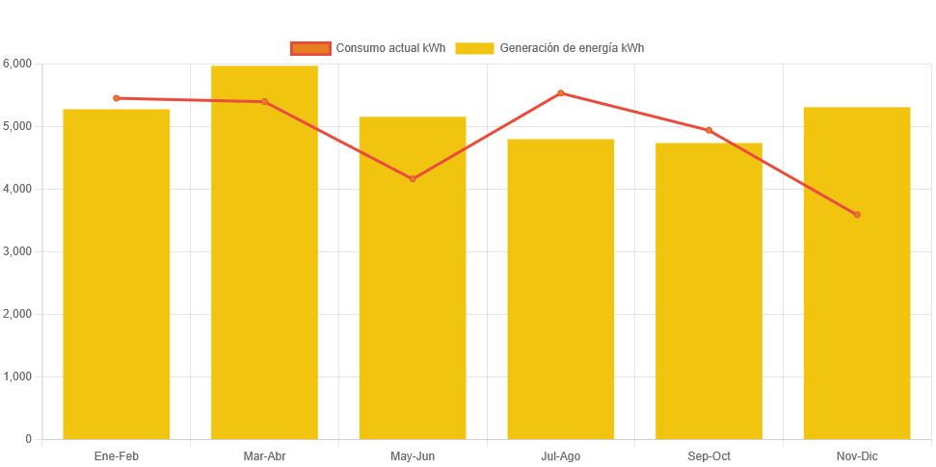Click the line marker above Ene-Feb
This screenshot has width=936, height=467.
tap(117, 98)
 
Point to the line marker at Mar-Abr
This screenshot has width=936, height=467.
tap(264, 101)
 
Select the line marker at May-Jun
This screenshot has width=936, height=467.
tap(413, 178)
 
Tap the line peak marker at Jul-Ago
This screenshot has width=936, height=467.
tap(561, 93)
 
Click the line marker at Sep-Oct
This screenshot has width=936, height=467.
tap(709, 130)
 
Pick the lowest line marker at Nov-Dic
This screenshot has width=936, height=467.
tap(857, 215)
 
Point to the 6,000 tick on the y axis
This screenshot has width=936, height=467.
tap(17, 64)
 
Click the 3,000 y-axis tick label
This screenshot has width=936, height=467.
tap(17, 251)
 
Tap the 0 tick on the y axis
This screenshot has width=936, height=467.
tap(28, 439)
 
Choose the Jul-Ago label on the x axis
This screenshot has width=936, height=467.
tap(561, 455)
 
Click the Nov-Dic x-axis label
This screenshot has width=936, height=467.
tap(857, 455)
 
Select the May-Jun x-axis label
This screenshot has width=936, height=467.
tap(413, 455)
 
